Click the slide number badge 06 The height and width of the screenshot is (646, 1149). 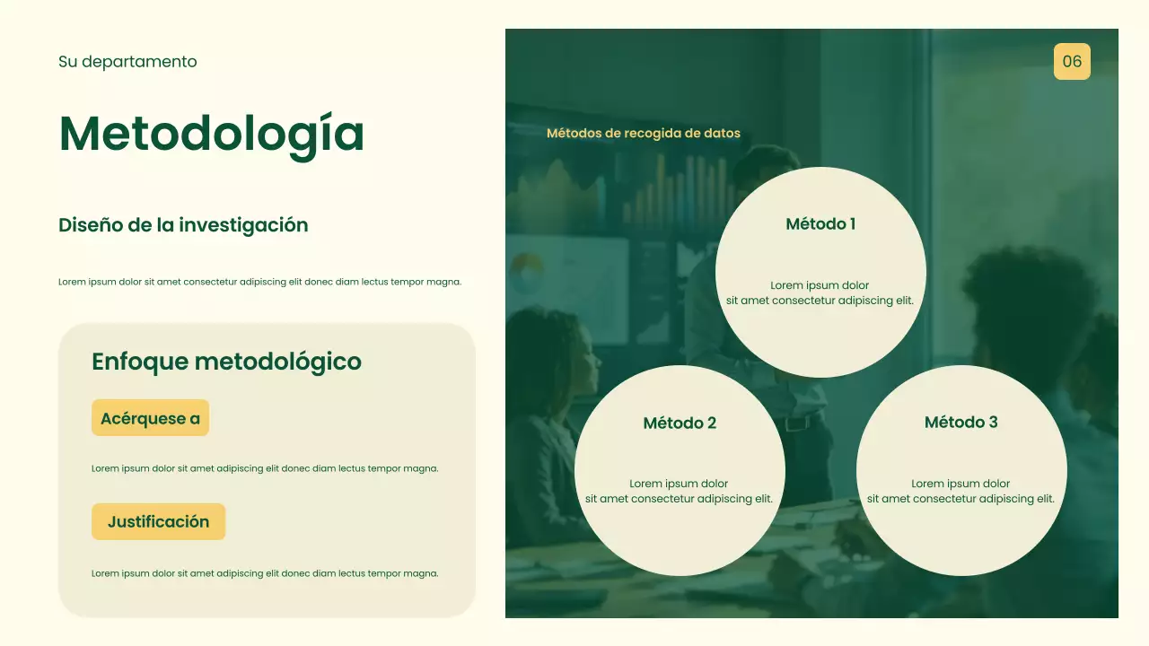1072,61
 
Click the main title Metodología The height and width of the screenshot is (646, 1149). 212,134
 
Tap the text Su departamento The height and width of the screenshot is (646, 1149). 127,62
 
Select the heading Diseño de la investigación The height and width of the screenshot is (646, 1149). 183,225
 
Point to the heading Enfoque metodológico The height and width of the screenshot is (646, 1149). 226,362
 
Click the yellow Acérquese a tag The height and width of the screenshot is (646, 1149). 150,418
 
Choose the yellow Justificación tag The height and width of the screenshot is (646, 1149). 158,522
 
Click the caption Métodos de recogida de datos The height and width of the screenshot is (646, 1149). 643,134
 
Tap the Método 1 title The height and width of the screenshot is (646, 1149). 820,224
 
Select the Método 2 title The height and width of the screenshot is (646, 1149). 680,423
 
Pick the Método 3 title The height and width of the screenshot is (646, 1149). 960,423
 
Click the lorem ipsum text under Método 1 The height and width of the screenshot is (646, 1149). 820,293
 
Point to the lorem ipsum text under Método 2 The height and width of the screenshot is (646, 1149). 679,492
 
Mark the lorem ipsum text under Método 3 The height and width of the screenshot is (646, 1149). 960,492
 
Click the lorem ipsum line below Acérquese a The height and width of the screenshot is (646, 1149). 265,468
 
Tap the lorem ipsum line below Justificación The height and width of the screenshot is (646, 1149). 265,573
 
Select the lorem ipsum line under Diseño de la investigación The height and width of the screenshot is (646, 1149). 259,282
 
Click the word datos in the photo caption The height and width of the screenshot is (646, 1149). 723,134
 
